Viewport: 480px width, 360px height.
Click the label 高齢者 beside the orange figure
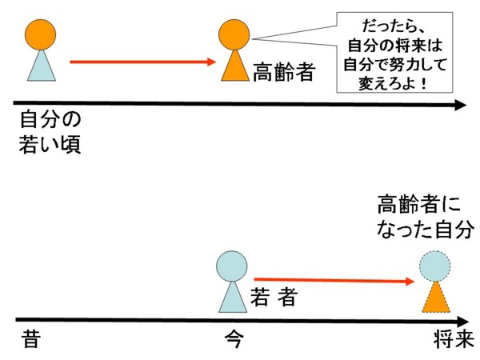284,72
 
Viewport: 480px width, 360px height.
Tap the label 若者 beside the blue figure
274,296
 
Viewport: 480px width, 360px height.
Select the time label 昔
31,338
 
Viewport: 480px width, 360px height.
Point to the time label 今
234,338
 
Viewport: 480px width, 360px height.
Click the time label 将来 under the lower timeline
454,338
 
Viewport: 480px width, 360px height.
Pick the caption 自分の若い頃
50,132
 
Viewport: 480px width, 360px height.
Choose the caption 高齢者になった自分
426,217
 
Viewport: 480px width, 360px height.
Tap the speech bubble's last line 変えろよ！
393,83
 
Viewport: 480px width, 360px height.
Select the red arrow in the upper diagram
143,62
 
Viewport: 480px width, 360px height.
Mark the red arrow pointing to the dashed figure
334,280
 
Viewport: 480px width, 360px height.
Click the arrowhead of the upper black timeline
461,105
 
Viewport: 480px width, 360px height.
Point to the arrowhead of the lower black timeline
463,322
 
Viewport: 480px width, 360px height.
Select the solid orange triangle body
235,66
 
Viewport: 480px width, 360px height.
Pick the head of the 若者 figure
232,266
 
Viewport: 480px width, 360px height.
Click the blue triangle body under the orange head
42,66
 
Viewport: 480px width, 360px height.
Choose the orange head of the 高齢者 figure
234,34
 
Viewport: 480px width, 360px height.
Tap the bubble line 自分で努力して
394,64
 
